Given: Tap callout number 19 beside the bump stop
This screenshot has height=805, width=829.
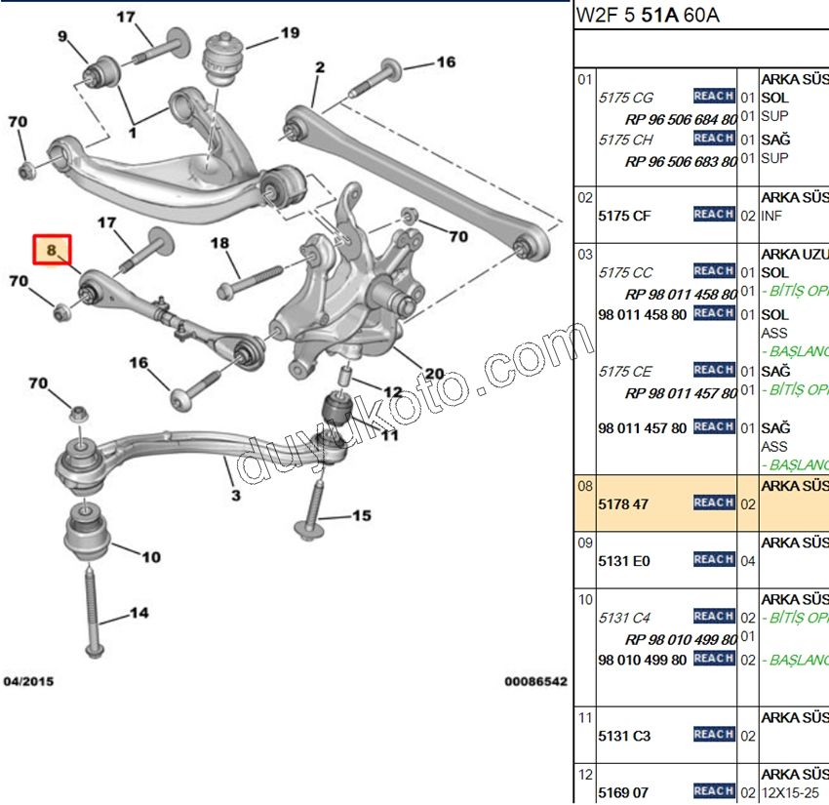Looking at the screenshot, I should click(290, 33).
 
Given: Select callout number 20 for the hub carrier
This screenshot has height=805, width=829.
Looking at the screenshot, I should click(434, 374).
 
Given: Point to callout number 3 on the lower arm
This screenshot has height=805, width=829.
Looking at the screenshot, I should click(235, 495).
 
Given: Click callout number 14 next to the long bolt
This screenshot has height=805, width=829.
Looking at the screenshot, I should click(138, 614).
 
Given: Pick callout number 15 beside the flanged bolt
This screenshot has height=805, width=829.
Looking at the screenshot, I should click(361, 515).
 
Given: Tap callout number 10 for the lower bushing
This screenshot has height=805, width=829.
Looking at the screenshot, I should click(150, 557).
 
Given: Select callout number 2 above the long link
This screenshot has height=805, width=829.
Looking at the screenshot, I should click(319, 67).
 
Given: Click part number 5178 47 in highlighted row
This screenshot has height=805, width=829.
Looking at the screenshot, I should click(623, 504).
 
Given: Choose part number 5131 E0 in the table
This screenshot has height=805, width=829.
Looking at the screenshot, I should click(624, 561).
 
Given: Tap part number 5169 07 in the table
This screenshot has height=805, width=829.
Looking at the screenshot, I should click(623, 792).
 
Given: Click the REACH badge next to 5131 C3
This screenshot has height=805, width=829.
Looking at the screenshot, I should click(714, 735).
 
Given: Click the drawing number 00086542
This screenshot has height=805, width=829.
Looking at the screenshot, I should click(535, 681).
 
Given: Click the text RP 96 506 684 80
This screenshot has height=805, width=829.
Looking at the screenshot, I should click(680, 119).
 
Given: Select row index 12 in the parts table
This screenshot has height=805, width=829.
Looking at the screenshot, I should click(585, 775).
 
